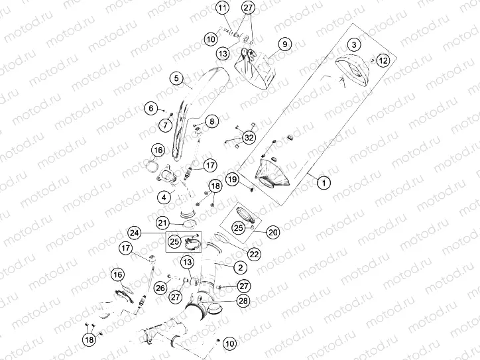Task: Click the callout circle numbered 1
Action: [324, 183]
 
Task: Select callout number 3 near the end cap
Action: [354, 44]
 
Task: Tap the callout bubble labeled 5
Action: [176, 78]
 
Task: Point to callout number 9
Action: [284, 44]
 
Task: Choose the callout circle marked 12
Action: [383, 60]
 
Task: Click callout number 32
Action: [249, 138]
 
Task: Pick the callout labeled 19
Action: [232, 179]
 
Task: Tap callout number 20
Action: [272, 232]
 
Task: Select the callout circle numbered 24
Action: [134, 233]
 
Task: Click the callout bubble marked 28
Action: [243, 300]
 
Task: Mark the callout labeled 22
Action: [255, 254]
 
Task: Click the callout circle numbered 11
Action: [223, 8]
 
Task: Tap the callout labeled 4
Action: [164, 198]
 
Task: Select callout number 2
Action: [240, 267]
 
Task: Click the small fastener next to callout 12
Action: [373, 60]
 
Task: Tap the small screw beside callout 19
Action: [252, 190]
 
